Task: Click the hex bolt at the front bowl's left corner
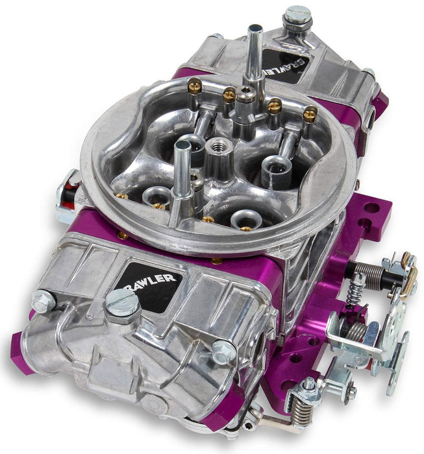(x=43, y=301)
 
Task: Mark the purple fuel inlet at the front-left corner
(x=21, y=350)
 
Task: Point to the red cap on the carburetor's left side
(x=65, y=192)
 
